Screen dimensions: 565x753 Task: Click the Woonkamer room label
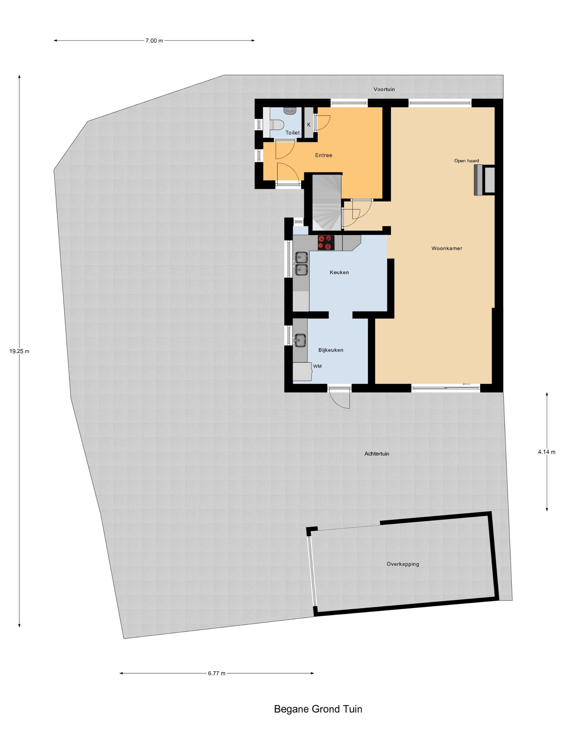446,248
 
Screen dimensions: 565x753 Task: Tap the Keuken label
339,272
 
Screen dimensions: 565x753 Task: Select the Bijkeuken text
331,350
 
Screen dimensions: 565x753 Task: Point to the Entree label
324,155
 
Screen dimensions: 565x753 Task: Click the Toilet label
292,133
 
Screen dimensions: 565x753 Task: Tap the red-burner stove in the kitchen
326,243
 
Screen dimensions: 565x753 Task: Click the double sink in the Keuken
301,263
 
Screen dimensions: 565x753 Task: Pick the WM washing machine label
317,366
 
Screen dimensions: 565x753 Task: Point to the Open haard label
466,161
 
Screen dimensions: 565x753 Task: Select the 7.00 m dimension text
154,41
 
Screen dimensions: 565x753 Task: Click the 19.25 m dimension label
19,351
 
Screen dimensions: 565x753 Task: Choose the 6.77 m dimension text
217,673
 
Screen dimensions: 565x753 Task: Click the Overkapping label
402,564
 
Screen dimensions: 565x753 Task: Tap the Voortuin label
384,89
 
